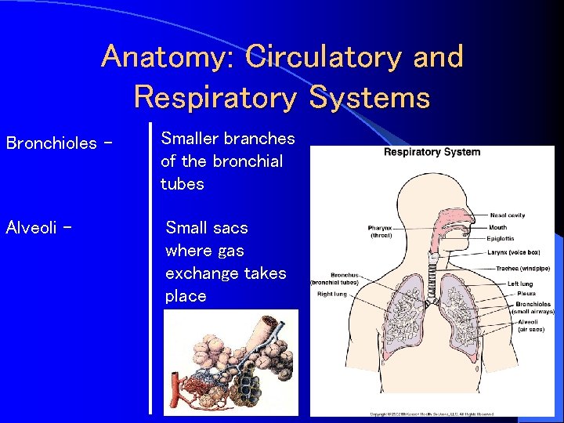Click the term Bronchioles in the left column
tap(52, 143)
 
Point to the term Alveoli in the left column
tap(32, 227)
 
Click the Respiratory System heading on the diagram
tap(432, 152)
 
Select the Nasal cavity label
tap(508, 215)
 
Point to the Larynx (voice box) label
tap(514, 253)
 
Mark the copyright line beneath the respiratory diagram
tap(432, 414)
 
